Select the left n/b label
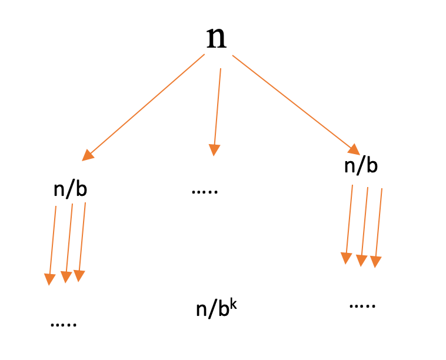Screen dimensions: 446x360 tap(70, 189)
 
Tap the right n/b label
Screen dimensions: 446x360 tap(360, 166)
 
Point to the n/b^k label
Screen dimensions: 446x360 tap(215, 309)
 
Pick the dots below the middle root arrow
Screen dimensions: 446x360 tap(205, 192)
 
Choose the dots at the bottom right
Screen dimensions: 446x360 tap(362, 306)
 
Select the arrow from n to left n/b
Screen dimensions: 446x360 tap(144, 106)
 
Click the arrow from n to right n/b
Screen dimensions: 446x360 tap(294, 102)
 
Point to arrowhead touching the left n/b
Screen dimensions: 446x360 tap(88, 155)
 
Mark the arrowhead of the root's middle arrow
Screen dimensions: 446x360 tap(214, 150)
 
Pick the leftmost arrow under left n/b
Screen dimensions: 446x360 tap(52, 241)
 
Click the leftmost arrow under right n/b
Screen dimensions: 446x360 tap(350, 221)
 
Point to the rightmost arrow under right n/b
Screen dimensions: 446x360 tap(378, 225)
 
